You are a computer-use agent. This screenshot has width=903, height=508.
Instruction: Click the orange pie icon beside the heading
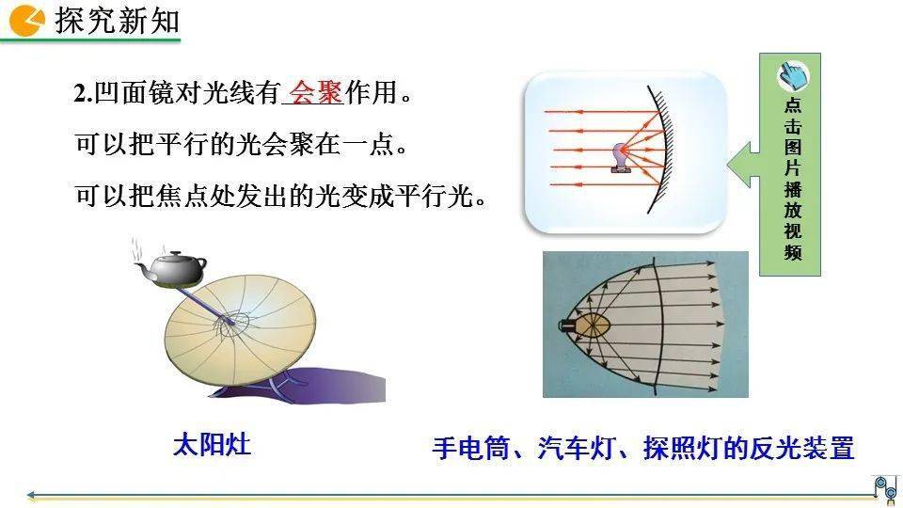(26, 21)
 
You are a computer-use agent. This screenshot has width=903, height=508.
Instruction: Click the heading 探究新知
(118, 21)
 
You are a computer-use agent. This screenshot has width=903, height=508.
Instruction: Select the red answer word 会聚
(316, 92)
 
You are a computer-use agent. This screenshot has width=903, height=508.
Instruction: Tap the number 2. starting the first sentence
(83, 93)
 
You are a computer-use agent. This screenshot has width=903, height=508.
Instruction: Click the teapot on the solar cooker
(171, 268)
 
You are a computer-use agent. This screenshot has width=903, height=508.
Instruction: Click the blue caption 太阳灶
(212, 445)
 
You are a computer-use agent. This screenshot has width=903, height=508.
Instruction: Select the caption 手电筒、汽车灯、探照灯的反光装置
(643, 448)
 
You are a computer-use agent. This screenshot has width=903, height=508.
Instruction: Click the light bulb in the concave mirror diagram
(621, 157)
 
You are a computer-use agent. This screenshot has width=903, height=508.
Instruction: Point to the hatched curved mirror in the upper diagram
(661, 150)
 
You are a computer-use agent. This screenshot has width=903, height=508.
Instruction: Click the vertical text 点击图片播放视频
(792, 179)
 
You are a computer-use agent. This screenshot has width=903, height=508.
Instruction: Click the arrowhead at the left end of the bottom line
(31, 495)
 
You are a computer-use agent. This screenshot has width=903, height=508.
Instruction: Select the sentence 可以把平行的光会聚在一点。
(242, 144)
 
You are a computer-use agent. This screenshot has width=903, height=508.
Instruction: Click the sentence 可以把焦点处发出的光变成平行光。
(281, 196)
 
